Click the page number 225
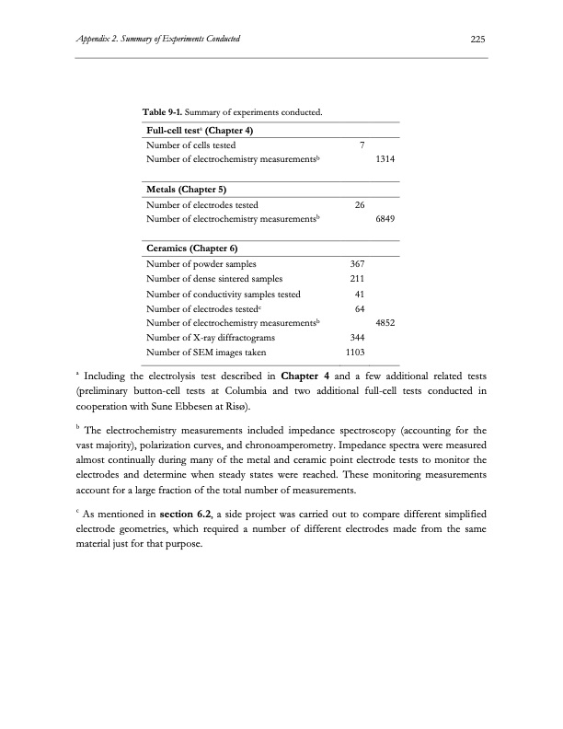(x=477, y=39)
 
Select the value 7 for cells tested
(x=362, y=145)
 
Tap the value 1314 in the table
(x=385, y=160)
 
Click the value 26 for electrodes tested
(x=361, y=205)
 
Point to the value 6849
(x=385, y=220)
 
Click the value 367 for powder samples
(x=359, y=264)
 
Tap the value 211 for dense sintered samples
(x=359, y=279)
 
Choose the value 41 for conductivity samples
(x=361, y=294)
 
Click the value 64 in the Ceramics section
(x=361, y=308)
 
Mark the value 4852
(x=385, y=323)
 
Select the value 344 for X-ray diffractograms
(x=359, y=338)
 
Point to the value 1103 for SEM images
(x=356, y=353)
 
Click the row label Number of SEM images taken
(x=207, y=353)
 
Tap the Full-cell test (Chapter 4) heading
(x=201, y=130)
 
